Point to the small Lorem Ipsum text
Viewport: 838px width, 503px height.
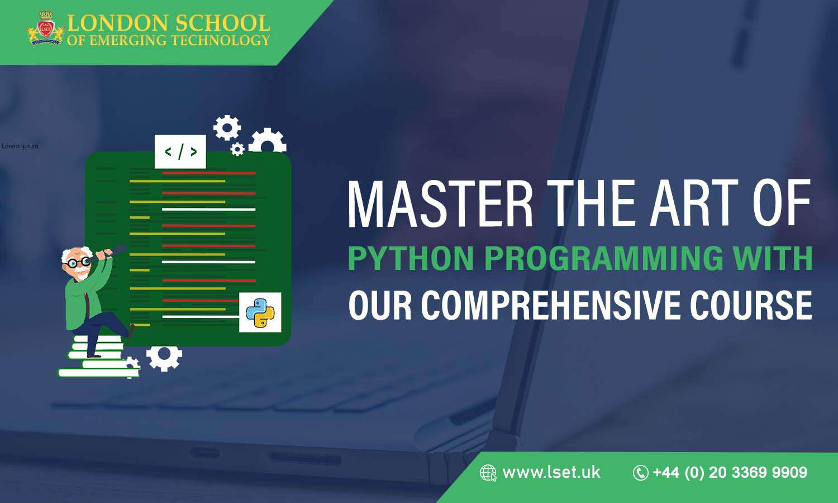(20, 146)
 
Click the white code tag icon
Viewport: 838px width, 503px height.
(180, 151)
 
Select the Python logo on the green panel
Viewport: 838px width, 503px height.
(260, 312)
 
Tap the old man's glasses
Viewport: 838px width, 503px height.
(79, 262)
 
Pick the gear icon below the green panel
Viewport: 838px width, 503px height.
(164, 357)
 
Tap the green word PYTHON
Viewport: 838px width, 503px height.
(411, 258)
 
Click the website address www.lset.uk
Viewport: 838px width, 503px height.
(551, 472)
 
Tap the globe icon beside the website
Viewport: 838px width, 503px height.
(488, 473)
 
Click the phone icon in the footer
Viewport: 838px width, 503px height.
(640, 473)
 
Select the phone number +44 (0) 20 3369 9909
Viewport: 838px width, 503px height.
(730, 473)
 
